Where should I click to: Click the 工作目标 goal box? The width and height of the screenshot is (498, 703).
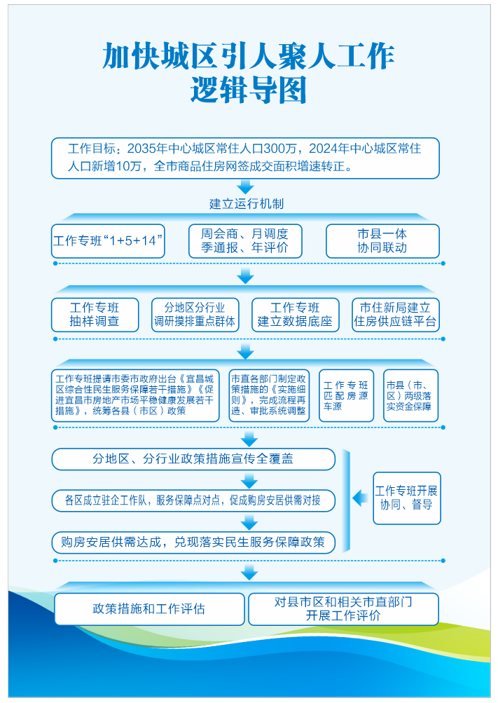245,158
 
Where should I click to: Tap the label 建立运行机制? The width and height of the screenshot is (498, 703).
246,204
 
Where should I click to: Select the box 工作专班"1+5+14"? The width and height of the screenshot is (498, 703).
108,241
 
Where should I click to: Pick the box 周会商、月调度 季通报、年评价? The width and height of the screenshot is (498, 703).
245,241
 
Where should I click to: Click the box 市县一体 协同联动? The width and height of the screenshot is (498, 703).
382,241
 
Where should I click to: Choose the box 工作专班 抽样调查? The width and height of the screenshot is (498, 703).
95,315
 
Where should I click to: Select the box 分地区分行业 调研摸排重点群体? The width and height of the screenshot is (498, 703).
195,315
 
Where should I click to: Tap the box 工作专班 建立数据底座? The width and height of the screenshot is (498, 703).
295,315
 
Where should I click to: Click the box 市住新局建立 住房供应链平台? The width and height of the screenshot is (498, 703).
396,315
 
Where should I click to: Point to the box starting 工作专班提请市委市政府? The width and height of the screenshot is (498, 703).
135,395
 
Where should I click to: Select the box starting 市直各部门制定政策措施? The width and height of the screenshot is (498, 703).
269,395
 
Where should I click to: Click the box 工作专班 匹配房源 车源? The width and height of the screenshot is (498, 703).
346,395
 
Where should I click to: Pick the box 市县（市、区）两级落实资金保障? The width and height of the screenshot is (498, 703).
410,395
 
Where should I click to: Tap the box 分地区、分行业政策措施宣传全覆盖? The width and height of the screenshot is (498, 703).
193,459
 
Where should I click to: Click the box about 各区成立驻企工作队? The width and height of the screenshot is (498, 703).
193,500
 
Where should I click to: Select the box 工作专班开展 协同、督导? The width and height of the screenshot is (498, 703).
406,498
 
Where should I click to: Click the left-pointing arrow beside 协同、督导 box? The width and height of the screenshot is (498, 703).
360,498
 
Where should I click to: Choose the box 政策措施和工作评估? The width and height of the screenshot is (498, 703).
149,608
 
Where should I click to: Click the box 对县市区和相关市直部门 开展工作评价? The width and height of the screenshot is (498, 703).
343,608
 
